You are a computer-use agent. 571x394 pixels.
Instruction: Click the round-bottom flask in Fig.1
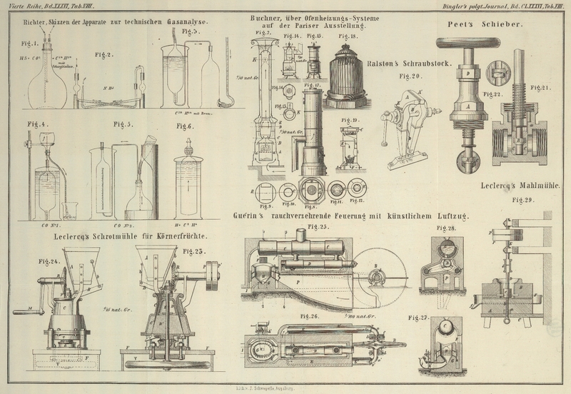[x=47, y=89]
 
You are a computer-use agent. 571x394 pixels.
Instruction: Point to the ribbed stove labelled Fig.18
[x=346, y=71]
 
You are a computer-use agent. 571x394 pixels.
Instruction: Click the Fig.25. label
[x=318, y=227]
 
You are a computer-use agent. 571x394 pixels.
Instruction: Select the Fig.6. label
[x=185, y=126]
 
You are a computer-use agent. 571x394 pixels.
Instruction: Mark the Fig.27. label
[x=419, y=317]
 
